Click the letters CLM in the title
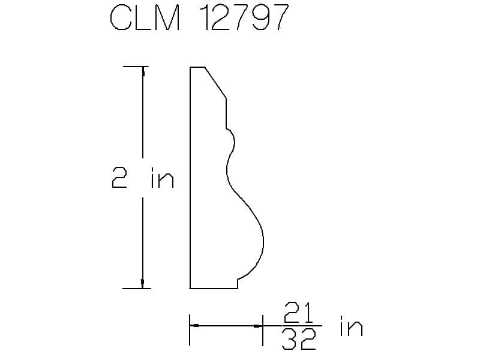pyautogui.click(x=145, y=18)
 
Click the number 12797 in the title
pyautogui.click(x=244, y=18)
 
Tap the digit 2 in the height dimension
pyautogui.click(x=119, y=177)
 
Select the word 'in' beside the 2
pyautogui.click(x=163, y=178)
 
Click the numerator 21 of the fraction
pyautogui.click(x=298, y=313)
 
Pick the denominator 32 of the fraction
pyautogui.click(x=298, y=339)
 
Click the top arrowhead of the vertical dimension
pyautogui.click(x=143, y=71)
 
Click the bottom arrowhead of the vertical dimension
pyautogui.click(x=142, y=284)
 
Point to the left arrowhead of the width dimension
pyautogui.click(x=194, y=325)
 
